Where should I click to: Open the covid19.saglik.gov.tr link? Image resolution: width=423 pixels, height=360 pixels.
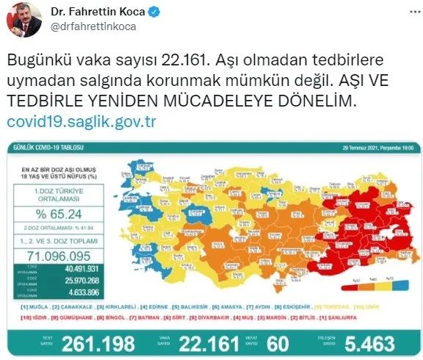point(81,122)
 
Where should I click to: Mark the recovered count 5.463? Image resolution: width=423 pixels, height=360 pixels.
point(367,343)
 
